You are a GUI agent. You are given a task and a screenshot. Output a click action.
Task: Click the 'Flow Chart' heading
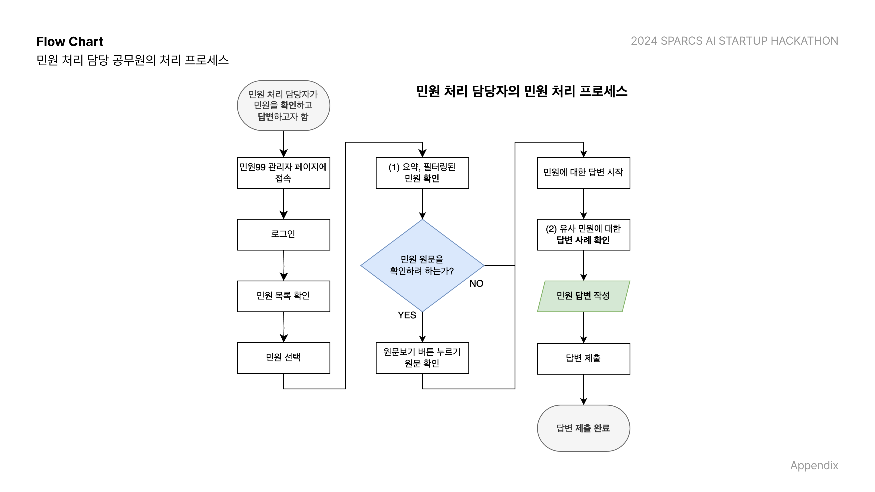pyautogui.click(x=70, y=41)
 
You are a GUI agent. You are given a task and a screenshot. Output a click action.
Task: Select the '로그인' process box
pyautogui.click(x=283, y=235)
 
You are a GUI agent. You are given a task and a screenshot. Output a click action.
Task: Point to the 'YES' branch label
pyautogui.click(x=407, y=315)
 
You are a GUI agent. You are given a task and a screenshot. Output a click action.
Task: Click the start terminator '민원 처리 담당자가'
pyautogui.click(x=283, y=105)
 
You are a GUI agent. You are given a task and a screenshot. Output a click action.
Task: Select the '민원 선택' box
pyautogui.click(x=283, y=358)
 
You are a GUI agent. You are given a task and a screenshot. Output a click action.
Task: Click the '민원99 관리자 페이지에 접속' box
pyautogui.click(x=283, y=173)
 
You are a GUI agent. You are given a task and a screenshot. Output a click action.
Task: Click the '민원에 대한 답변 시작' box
pyautogui.click(x=583, y=173)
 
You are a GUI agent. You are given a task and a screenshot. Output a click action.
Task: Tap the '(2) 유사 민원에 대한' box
pyautogui.click(x=583, y=235)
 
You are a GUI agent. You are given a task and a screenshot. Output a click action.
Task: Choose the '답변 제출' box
pyautogui.click(x=583, y=359)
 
